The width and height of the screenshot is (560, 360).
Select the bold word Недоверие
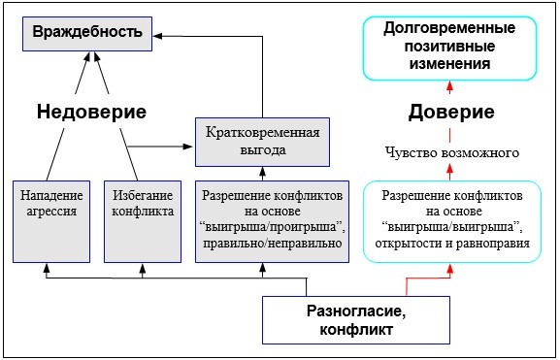coord(91,113)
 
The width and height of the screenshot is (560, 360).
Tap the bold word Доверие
coord(449,113)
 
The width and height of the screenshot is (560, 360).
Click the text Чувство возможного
coord(449,153)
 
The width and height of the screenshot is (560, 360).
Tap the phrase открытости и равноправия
coord(449,243)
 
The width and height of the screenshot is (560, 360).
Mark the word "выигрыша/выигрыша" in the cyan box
coord(449,227)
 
